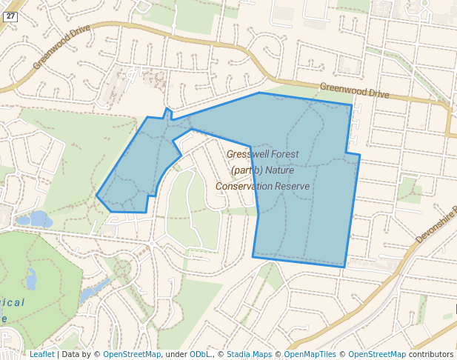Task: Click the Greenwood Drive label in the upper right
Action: (x=354, y=90)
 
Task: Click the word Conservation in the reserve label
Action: (x=244, y=186)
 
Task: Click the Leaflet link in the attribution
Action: (x=41, y=354)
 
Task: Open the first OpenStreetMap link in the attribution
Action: (x=132, y=354)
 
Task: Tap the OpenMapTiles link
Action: (x=310, y=354)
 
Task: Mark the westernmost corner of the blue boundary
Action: (x=96, y=196)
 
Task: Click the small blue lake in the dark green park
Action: (x=31, y=279)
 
